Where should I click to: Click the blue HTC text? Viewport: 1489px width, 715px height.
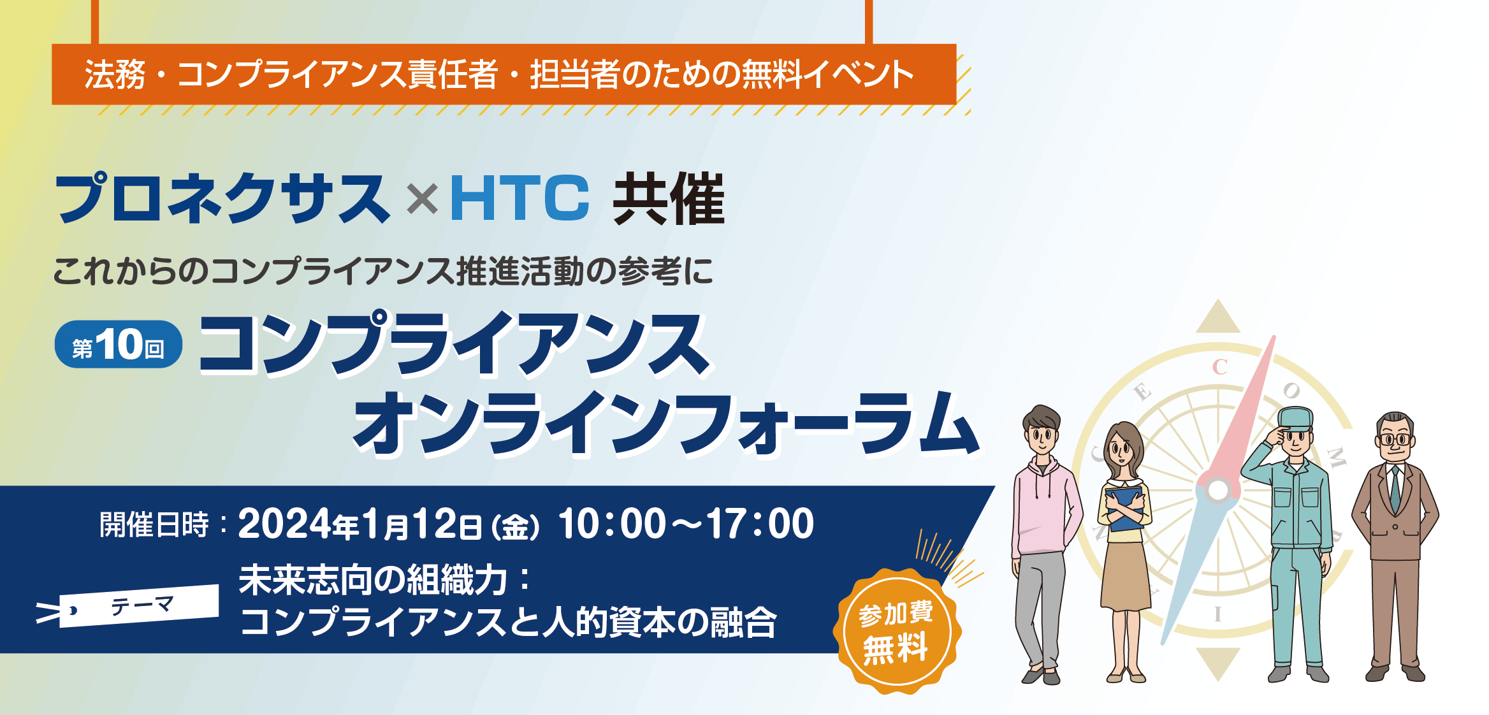pyautogui.click(x=519, y=198)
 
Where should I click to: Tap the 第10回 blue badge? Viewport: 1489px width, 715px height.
pyautogui.click(x=119, y=344)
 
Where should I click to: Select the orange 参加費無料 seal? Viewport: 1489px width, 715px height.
pyautogui.click(x=897, y=631)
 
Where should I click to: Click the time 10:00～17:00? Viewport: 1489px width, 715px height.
pyautogui.click(x=686, y=524)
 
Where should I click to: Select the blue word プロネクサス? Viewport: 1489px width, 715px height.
pyautogui.click(x=222, y=198)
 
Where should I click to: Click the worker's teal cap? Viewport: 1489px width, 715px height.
pyautogui.click(x=1295, y=418)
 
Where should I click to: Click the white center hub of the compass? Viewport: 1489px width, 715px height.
pyautogui.click(x=1218, y=491)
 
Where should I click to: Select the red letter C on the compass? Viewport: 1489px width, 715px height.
pyautogui.click(x=1220, y=367)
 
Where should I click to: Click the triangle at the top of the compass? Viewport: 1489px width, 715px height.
pyautogui.click(x=1218, y=317)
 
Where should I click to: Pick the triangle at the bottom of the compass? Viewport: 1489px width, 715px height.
pyautogui.click(x=1218, y=663)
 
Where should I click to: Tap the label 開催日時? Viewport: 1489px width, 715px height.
pyautogui.click(x=154, y=525)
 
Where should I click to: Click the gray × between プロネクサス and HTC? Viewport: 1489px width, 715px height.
pyautogui.click(x=422, y=199)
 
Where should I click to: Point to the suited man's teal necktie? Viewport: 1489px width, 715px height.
pyautogui.click(x=1395, y=487)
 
